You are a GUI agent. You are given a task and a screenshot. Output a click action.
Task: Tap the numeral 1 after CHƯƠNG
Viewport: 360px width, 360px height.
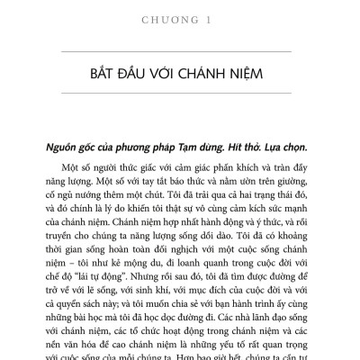[x=216, y=13]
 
